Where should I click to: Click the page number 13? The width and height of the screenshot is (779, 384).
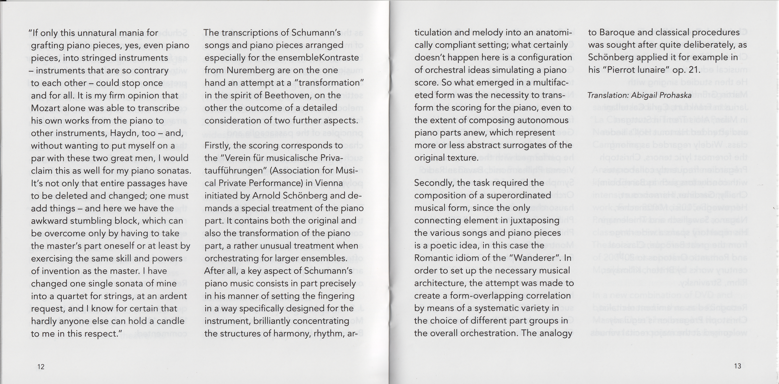coord(738,366)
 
